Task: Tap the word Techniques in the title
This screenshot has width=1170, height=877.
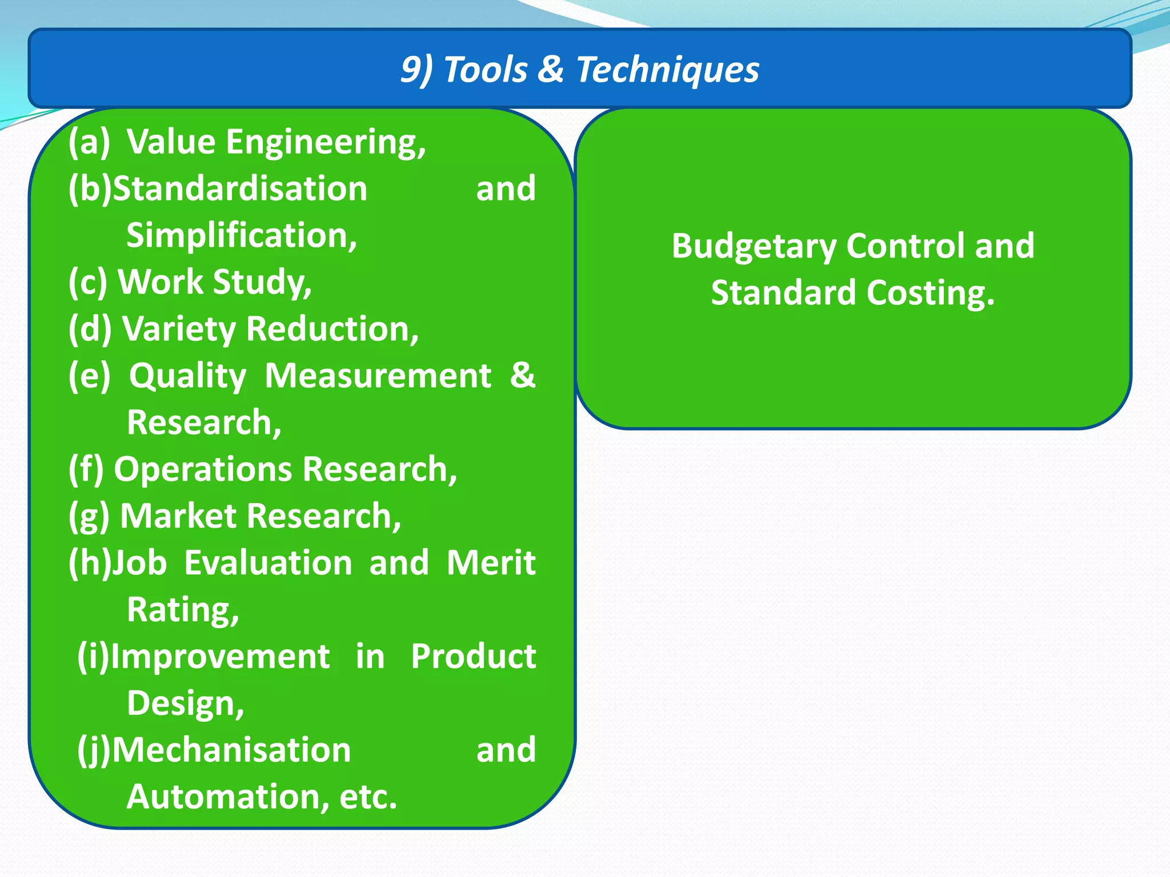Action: [667, 70]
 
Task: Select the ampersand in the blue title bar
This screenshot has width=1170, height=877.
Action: [551, 69]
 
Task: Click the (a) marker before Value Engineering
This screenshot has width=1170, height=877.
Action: [89, 142]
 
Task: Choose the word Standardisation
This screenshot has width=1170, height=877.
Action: [240, 188]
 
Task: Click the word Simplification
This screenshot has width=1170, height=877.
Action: [241, 236]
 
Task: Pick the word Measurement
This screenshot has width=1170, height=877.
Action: [378, 376]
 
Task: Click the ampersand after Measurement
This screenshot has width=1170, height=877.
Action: [523, 376]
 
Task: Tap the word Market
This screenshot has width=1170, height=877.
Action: [178, 516]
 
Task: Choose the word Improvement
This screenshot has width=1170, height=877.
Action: [220, 657]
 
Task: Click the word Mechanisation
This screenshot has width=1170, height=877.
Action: [231, 750]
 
